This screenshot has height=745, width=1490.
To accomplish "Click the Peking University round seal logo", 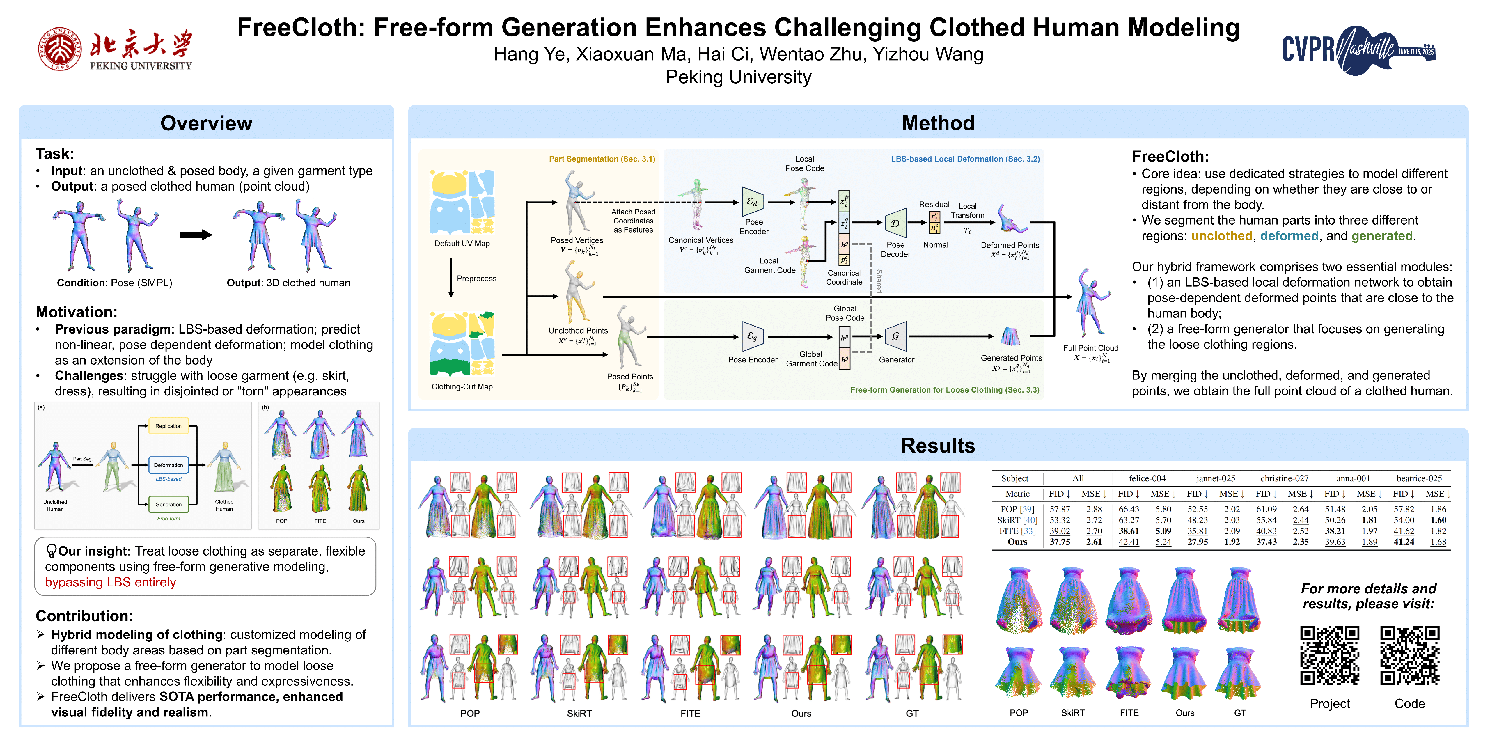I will [60, 49].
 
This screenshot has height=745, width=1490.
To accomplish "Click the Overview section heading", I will [207, 123].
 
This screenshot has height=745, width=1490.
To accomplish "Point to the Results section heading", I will [938, 445].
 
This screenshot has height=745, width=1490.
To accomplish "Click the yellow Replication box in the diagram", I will [168, 426].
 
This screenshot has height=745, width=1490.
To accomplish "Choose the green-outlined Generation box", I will [168, 504].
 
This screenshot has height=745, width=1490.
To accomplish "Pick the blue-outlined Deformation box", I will [168, 465].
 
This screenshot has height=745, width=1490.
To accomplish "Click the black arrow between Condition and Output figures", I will [196, 235].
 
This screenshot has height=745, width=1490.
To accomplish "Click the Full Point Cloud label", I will [1090, 348].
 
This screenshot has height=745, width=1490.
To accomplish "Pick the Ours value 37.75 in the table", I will [1060, 542].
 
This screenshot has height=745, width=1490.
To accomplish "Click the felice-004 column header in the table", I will [1147, 478].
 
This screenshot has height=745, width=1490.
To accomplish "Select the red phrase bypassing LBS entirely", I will [111, 582].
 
